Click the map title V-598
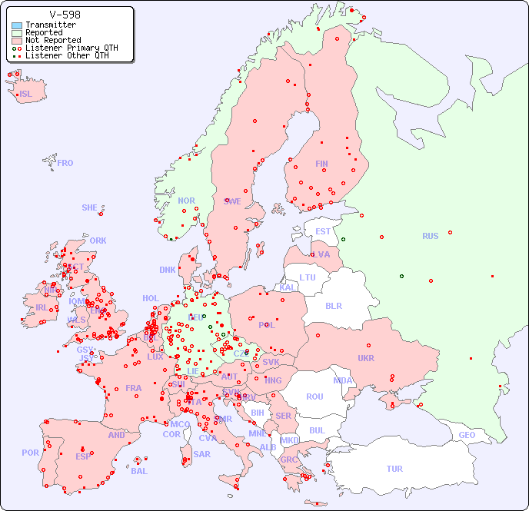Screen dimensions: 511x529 pyautogui.click(x=65, y=15)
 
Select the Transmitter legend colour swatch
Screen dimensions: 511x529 pyautogui.click(x=17, y=25)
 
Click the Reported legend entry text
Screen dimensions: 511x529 pyautogui.click(x=44, y=33)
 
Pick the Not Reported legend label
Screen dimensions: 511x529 pyautogui.click(x=53, y=41)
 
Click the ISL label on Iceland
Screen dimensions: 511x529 pyautogui.click(x=26, y=95)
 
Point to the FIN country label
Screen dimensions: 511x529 pyautogui.click(x=321, y=164)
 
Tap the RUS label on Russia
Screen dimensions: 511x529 pyautogui.click(x=430, y=236)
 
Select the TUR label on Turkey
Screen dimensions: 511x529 pyautogui.click(x=394, y=469)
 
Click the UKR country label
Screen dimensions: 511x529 pyautogui.click(x=366, y=358)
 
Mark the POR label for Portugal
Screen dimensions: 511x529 pyautogui.click(x=30, y=453)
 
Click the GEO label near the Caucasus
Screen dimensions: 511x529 pyautogui.click(x=467, y=435)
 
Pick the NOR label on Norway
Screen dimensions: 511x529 pyautogui.click(x=186, y=201)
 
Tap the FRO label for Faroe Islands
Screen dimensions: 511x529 pyautogui.click(x=65, y=163)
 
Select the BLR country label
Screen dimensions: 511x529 pyautogui.click(x=334, y=305)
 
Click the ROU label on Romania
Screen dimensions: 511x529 pyautogui.click(x=314, y=397)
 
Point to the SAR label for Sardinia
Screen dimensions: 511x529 pyautogui.click(x=202, y=454)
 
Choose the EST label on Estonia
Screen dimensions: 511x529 pyautogui.click(x=323, y=231)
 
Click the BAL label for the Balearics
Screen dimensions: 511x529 pyautogui.click(x=139, y=471)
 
